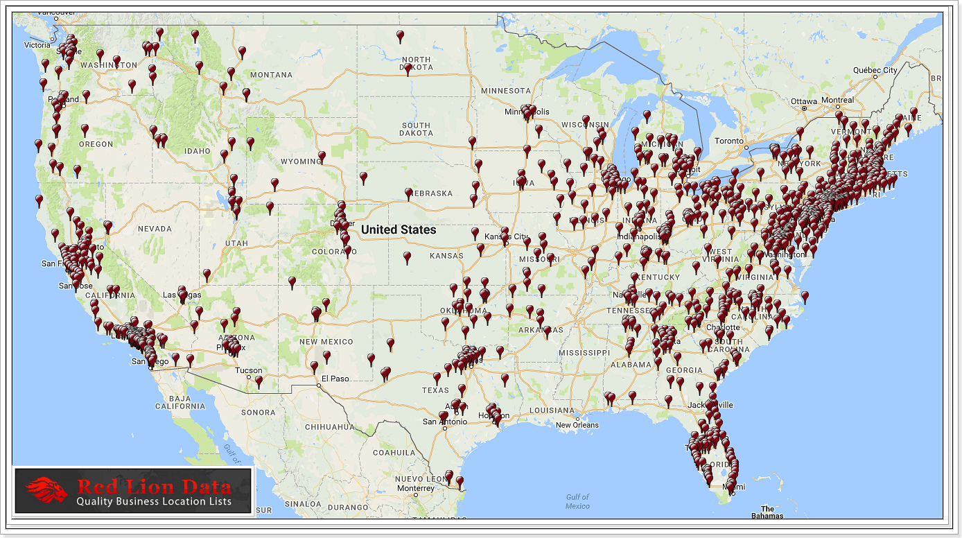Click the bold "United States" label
coord(399,229)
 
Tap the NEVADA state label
coord(154,229)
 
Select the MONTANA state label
coord(271,75)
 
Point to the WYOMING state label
coord(300,162)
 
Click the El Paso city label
coord(334,379)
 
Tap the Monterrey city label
coord(415,488)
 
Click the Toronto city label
coord(728,141)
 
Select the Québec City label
coord(875,70)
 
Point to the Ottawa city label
coord(805,101)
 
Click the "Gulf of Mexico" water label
coord(577,501)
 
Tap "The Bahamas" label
coord(767,512)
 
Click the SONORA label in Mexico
coord(259,413)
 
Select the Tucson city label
coord(248,370)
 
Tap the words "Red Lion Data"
coord(154,486)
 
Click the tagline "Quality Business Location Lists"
coord(154,501)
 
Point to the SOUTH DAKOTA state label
coord(416,130)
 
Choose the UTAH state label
coord(236,243)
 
